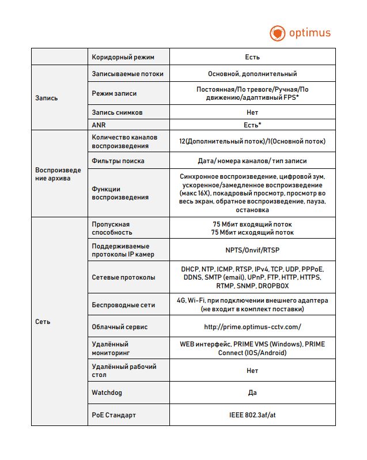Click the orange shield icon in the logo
tap(278, 33)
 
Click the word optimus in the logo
tap(310, 32)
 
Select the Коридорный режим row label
tap(123, 57)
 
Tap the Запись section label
tap(47, 98)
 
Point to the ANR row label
tap(99, 125)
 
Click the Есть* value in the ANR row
tap(252, 125)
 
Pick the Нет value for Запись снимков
tap(252, 112)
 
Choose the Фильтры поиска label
tap(118, 161)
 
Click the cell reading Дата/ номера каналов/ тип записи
tap(252, 161)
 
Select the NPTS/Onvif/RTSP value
tap(252, 250)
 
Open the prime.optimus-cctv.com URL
tap(252, 327)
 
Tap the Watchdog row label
tap(107, 393)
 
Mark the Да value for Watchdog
tap(252, 393)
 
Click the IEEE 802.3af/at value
tap(252, 414)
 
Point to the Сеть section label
tap(43, 322)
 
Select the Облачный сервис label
tap(120, 327)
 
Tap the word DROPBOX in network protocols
tap(273, 285)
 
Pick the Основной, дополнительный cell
tap(252, 74)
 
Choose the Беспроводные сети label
tap(123, 304)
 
